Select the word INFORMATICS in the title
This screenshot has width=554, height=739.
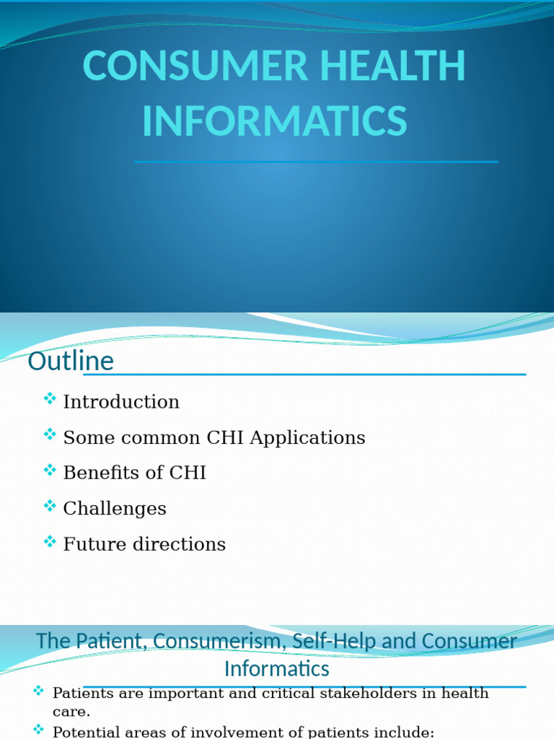275,121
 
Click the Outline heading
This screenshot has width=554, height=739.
71,361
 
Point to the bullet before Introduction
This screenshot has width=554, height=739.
50,398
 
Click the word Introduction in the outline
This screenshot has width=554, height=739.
121,402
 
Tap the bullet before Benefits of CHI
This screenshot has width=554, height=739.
50,470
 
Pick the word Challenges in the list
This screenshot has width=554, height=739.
115,509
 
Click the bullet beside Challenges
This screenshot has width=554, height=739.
50,505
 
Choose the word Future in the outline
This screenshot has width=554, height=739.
93,544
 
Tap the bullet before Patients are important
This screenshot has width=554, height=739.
39,691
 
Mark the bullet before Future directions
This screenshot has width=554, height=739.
50,541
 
